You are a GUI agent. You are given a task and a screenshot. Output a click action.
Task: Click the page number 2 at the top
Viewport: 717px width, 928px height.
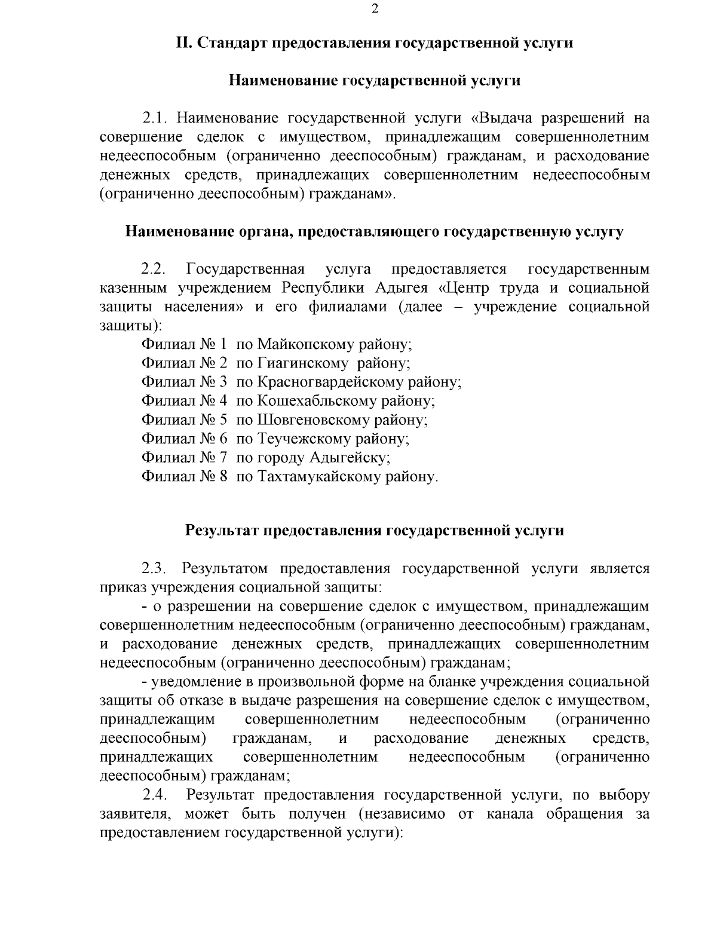[x=374, y=8]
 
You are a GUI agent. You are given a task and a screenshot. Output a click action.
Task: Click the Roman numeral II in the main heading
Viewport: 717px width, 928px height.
[x=183, y=43]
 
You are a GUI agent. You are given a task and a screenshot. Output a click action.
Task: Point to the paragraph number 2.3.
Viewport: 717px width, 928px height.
[x=154, y=568]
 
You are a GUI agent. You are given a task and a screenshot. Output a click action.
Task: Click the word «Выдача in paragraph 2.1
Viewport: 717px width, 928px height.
[x=501, y=118]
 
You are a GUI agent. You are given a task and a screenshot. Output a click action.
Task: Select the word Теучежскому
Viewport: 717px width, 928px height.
[x=304, y=439]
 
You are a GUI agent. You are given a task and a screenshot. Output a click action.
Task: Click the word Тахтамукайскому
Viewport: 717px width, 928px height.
[x=320, y=477]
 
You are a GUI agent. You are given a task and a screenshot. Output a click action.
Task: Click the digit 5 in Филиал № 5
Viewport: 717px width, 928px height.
[x=223, y=420]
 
